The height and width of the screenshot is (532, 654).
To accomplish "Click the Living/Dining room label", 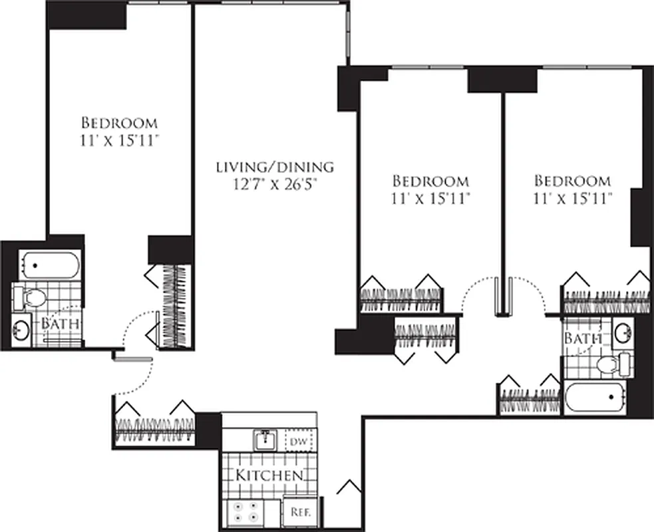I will pyautogui.click(x=275, y=167).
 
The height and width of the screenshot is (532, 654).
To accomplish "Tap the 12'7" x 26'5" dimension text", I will pyautogui.click(x=274, y=185).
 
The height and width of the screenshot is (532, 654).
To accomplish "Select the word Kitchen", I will pyautogui.click(x=269, y=475).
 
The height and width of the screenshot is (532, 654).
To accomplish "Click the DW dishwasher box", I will pyautogui.click(x=299, y=440).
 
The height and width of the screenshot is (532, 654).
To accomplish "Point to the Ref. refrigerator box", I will pyautogui.click(x=298, y=513).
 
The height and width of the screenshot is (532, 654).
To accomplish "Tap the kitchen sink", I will pyautogui.click(x=265, y=438).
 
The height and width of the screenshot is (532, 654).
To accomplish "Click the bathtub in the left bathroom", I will pyautogui.click(x=48, y=265).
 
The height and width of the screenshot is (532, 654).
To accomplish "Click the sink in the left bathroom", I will pyautogui.click(x=21, y=330).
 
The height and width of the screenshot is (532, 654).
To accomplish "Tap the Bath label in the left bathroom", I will pyautogui.click(x=61, y=324).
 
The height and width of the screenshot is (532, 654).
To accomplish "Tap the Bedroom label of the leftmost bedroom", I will pyautogui.click(x=119, y=123).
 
